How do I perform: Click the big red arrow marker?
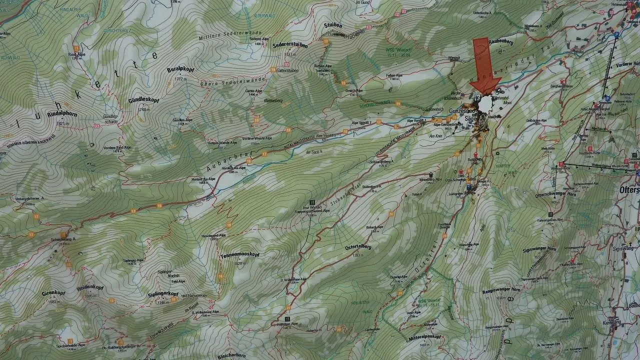click(x=485, y=65)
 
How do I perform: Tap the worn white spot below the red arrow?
click(x=485, y=104)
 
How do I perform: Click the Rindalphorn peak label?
click(x=62, y=114)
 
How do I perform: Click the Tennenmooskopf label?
click(x=239, y=255)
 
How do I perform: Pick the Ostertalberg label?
click(x=358, y=247)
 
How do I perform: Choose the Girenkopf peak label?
click(x=53, y=293)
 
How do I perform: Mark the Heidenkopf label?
click(x=90, y=288)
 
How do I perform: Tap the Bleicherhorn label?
click(x=232, y=355)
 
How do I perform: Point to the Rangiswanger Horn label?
click(x=501, y=290)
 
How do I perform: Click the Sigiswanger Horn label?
click(x=539, y=248)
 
